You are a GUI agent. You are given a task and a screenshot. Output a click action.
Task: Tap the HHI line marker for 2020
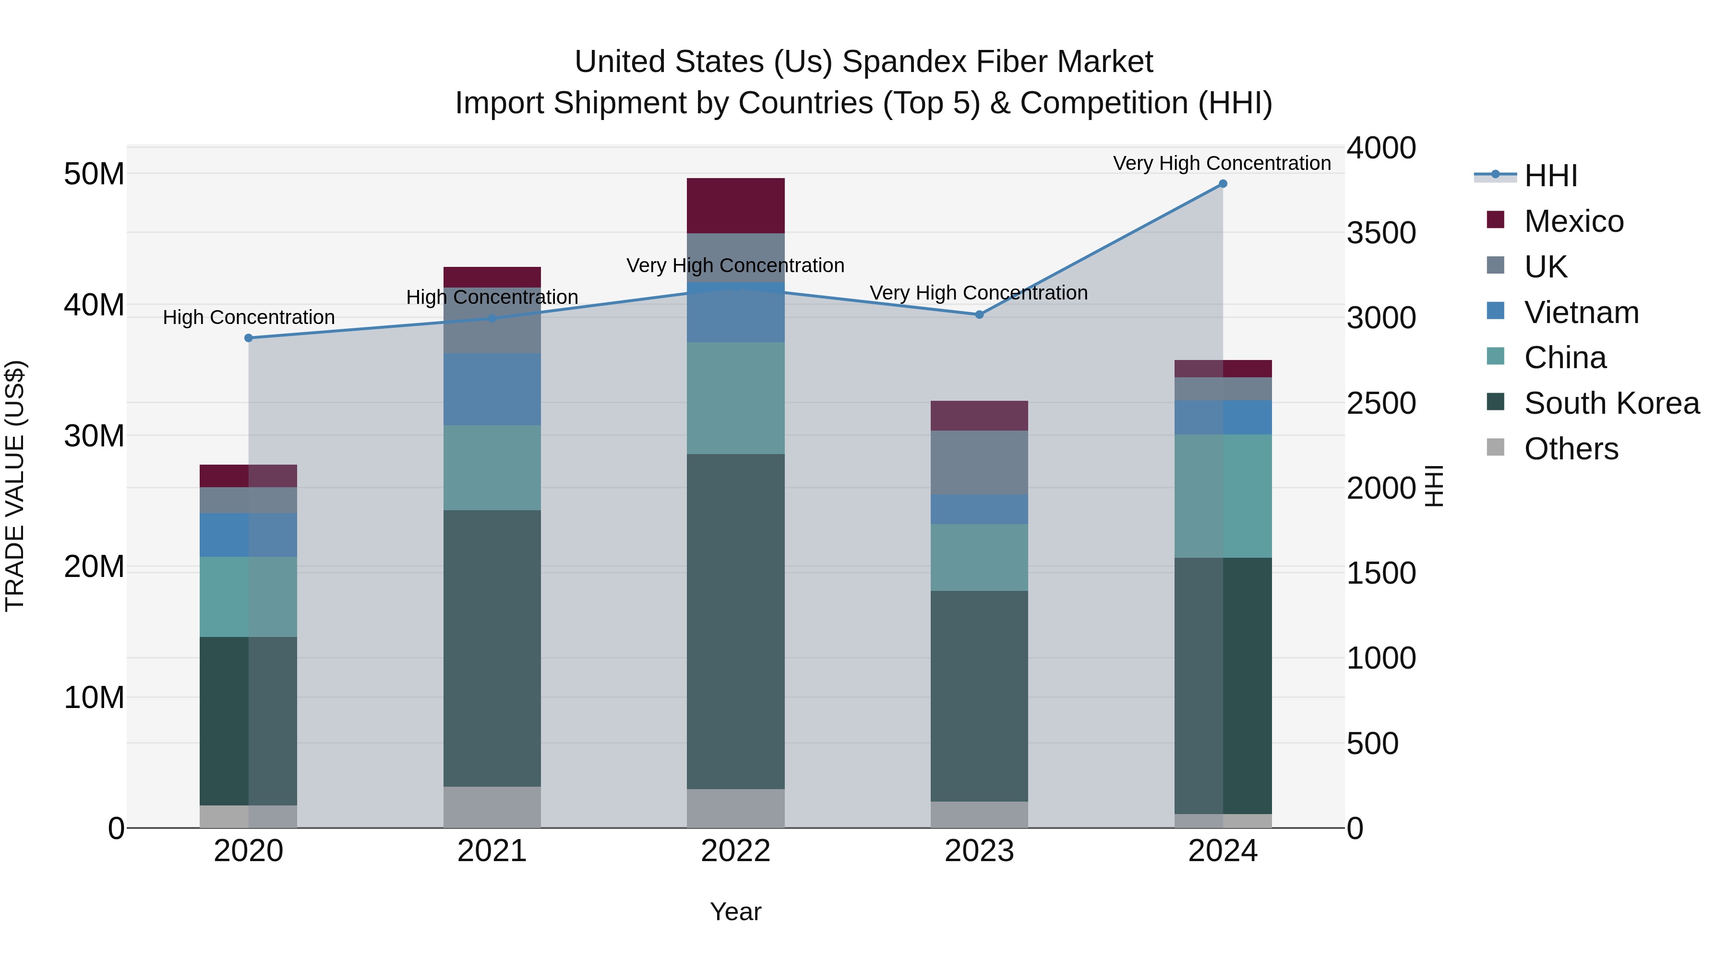[x=248, y=338]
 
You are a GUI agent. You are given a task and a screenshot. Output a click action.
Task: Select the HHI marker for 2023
[x=979, y=314]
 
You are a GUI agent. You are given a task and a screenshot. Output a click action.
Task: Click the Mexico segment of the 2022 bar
[x=735, y=205]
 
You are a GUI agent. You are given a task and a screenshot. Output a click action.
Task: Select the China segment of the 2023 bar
[x=979, y=557]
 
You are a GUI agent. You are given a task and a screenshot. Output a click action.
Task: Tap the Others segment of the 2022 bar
[x=735, y=808]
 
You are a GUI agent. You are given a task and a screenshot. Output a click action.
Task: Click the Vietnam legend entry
[x=1581, y=312]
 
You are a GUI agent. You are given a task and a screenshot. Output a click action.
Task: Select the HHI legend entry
[x=1550, y=176]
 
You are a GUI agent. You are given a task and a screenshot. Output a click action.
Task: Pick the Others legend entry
[x=1571, y=449]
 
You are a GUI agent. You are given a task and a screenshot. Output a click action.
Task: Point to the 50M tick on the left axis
[x=94, y=174]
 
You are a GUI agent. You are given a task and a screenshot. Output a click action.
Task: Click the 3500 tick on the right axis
[x=1381, y=233]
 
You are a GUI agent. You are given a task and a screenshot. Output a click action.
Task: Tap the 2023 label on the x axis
[x=979, y=851]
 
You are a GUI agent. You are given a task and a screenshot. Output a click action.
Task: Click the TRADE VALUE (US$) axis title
[x=15, y=486]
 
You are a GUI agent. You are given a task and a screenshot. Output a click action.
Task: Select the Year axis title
[x=735, y=912]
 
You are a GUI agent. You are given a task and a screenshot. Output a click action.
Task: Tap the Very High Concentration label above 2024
[x=1222, y=163]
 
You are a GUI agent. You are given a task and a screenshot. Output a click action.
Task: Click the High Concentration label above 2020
[x=248, y=317]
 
